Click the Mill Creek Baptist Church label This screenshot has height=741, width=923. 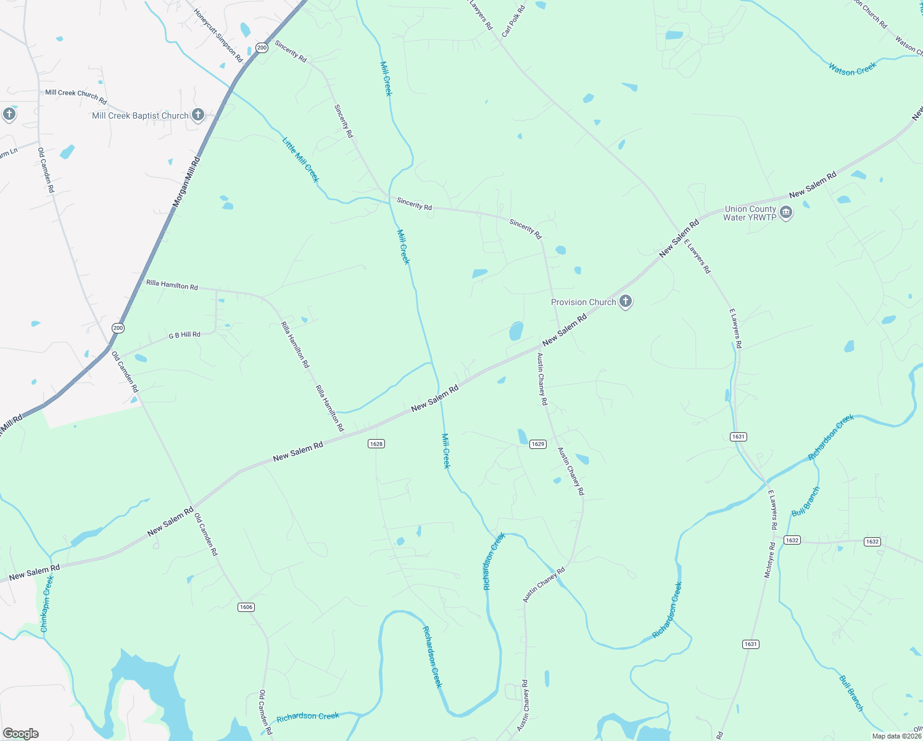point(140,115)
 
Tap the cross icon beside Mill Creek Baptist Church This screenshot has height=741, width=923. point(197,115)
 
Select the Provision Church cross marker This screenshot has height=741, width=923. point(626,301)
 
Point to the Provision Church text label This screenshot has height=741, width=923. point(583,302)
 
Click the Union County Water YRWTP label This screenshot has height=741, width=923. point(750,213)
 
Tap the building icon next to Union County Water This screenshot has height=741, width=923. point(786,213)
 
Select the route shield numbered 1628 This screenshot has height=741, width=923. point(376,443)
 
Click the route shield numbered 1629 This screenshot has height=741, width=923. point(538,444)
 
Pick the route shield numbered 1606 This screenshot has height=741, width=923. point(246,607)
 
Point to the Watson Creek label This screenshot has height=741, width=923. point(852,69)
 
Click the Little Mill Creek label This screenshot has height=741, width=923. point(300,160)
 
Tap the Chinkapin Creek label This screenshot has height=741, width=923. point(47,603)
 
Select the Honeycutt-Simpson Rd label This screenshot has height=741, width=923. point(218,35)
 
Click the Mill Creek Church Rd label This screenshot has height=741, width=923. point(76,96)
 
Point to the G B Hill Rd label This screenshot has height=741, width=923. point(184,335)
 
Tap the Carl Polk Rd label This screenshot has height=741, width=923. point(513,21)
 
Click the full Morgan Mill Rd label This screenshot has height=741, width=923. point(186,181)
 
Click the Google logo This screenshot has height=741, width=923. point(21,734)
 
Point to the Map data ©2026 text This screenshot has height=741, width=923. point(896,736)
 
